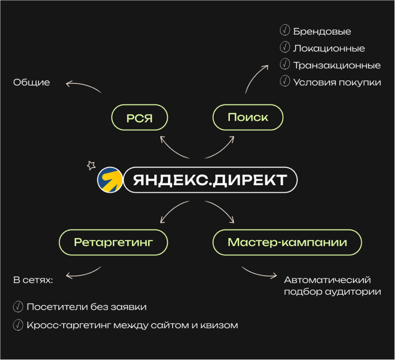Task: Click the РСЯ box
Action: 139,117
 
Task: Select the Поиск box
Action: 248,117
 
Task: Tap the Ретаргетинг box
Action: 113,242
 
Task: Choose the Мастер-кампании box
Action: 287,242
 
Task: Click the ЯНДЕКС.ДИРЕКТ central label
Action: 210,180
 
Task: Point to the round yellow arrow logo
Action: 110,180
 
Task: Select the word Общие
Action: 31,83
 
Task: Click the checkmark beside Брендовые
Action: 285,31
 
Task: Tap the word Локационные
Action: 329,48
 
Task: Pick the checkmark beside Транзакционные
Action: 285,65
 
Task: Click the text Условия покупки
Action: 337,82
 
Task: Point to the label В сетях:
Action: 33,281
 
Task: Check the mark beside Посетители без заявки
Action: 18,307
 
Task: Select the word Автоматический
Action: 327,280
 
